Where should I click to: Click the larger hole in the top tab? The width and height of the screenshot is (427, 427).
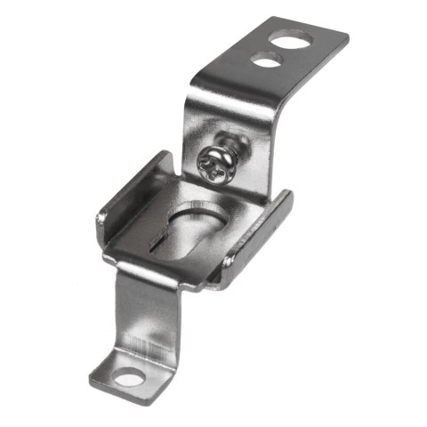[293, 39]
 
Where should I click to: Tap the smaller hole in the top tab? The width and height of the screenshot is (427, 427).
[267, 60]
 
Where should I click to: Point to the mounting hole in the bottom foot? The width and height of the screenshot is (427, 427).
[130, 378]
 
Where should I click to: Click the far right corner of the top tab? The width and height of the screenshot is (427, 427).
[345, 38]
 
